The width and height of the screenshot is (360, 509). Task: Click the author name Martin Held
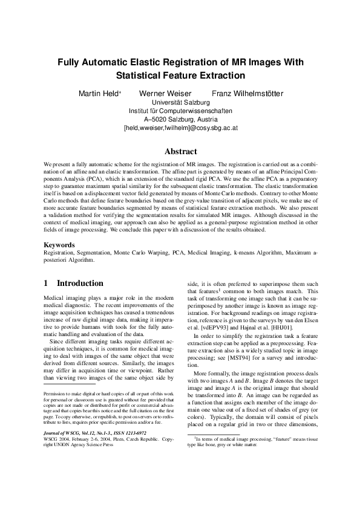pyautogui.click(x=100, y=94)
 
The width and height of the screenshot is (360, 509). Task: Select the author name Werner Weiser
pyautogui.click(x=165, y=94)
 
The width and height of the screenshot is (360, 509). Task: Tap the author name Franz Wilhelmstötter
pyautogui.click(x=247, y=94)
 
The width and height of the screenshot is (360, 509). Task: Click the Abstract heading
pyautogui.click(x=180, y=152)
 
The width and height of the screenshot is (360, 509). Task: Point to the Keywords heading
pyautogui.click(x=59, y=245)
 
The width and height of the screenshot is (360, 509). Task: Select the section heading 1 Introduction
pyautogui.click(x=74, y=283)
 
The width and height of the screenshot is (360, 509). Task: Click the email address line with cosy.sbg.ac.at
pyautogui.click(x=180, y=128)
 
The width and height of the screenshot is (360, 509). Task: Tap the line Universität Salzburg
pyautogui.click(x=180, y=103)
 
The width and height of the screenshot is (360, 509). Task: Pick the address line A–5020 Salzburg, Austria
pyautogui.click(x=180, y=120)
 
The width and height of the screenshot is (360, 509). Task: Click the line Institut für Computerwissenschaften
pyautogui.click(x=180, y=111)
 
